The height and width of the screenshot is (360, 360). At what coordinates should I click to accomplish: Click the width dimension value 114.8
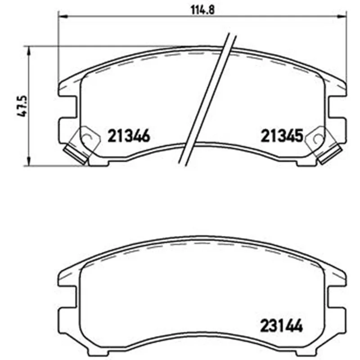[203, 10]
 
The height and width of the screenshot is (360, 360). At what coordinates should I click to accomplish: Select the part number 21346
[129, 136]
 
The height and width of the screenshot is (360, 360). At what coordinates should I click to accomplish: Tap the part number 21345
[282, 136]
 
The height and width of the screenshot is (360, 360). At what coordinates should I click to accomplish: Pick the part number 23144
[281, 326]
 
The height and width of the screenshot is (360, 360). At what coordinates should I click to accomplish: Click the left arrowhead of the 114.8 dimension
[62, 16]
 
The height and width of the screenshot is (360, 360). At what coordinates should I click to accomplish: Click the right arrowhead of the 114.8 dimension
[342, 16]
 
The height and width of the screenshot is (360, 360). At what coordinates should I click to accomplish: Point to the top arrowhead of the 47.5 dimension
[28, 50]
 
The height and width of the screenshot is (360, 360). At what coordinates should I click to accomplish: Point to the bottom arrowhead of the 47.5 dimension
[28, 161]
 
